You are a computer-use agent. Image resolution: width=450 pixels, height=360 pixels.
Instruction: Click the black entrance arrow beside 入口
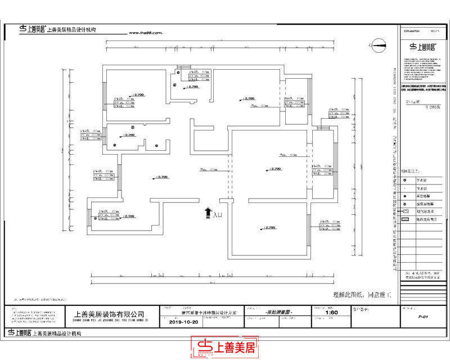pyautogui.click(x=208, y=212)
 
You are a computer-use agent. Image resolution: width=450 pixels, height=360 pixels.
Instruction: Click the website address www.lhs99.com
pyautogui.click(x=146, y=33)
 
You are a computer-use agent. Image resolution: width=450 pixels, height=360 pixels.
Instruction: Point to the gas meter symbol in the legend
pyautogui.click(x=405, y=211)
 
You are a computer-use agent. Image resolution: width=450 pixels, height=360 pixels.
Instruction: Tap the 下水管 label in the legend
pyautogui.click(x=423, y=180)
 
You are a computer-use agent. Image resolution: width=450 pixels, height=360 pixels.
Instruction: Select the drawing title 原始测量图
pyautogui.click(x=280, y=312)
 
